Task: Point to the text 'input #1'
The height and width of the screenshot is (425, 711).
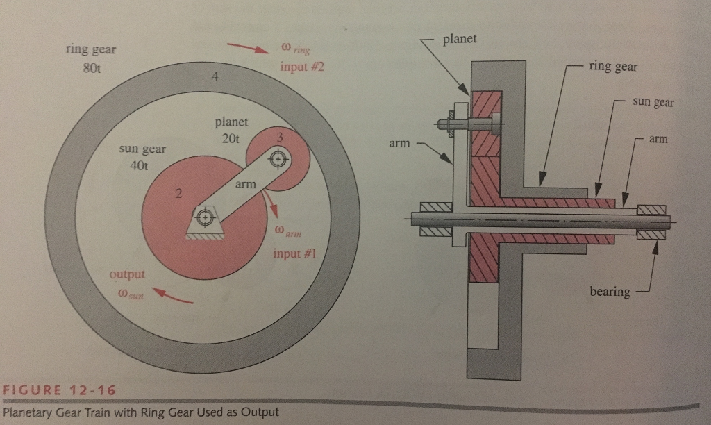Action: click(x=294, y=253)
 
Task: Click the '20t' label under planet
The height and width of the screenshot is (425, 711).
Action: click(x=231, y=139)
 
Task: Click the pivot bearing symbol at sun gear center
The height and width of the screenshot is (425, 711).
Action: click(x=203, y=218)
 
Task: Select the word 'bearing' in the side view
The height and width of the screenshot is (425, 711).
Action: click(x=610, y=292)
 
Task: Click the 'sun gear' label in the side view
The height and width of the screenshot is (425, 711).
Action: click(x=653, y=103)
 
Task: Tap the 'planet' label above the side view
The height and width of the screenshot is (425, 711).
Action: click(x=459, y=39)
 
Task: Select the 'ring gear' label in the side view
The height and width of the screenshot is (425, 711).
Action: click(x=612, y=67)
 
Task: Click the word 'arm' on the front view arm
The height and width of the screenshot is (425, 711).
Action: click(x=246, y=184)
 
